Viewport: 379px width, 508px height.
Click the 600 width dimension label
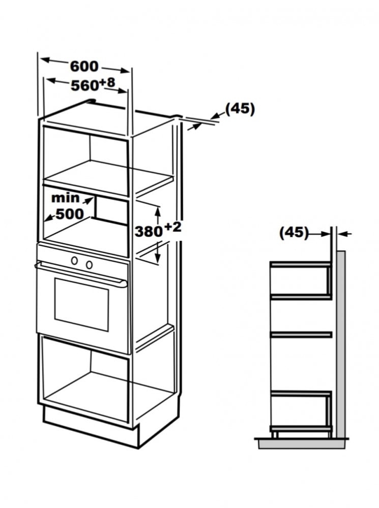84,66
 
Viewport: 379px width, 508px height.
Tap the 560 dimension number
84,85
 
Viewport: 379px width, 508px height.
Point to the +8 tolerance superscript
107,82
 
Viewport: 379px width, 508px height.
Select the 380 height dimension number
148,231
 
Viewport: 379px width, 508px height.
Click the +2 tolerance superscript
172,227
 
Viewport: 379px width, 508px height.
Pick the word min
65,198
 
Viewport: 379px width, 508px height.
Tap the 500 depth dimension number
70,214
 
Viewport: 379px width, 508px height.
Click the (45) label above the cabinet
240,109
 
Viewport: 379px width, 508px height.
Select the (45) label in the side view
294,232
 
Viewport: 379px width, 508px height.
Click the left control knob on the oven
75,260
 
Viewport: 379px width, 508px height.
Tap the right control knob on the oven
89,264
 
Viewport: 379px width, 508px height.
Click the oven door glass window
81,304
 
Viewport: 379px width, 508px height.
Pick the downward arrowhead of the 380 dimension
158,258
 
